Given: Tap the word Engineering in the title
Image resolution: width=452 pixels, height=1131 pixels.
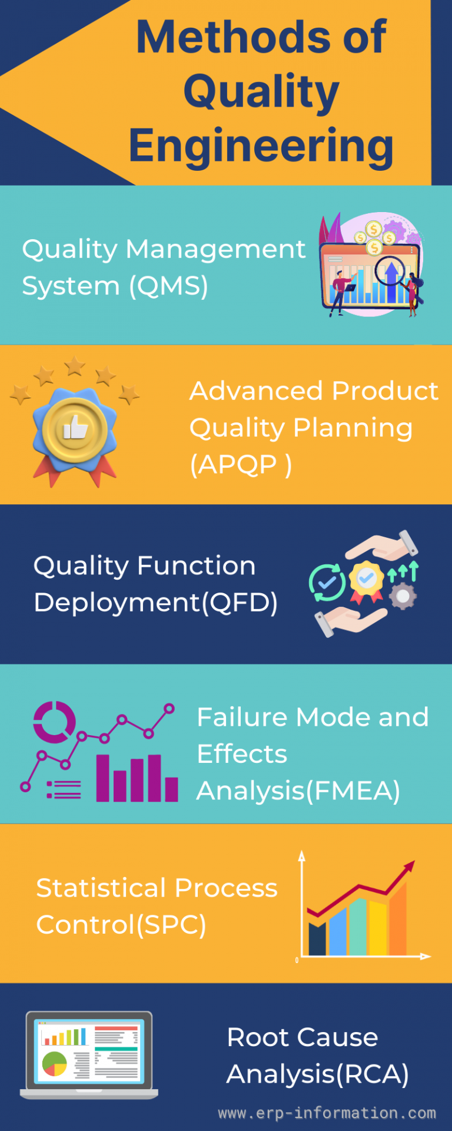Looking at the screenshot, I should pos(261,145).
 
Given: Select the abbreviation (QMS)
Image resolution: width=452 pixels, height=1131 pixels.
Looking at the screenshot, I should pos(168,286).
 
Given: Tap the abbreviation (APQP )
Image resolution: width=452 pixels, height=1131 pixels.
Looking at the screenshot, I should pos(240,465).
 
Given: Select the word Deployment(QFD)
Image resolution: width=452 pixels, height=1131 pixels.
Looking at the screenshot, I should pos(155,602).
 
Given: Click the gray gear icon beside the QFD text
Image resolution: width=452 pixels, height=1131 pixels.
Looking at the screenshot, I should pos(403,596).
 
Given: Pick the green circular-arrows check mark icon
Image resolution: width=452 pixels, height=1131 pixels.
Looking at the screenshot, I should pos(327,583).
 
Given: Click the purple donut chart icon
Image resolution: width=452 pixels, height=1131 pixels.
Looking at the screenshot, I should pos(54,722).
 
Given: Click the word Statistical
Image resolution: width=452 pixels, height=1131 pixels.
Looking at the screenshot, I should pos(101,888).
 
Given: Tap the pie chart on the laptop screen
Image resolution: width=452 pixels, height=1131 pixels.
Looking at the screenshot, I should pos(55,1063).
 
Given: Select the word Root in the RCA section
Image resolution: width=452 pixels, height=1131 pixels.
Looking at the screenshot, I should pos(251,1037).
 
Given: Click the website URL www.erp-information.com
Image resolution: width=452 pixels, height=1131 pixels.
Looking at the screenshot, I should pos(327,1113).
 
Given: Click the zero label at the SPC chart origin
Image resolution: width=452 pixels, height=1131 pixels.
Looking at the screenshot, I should pos(297,960).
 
